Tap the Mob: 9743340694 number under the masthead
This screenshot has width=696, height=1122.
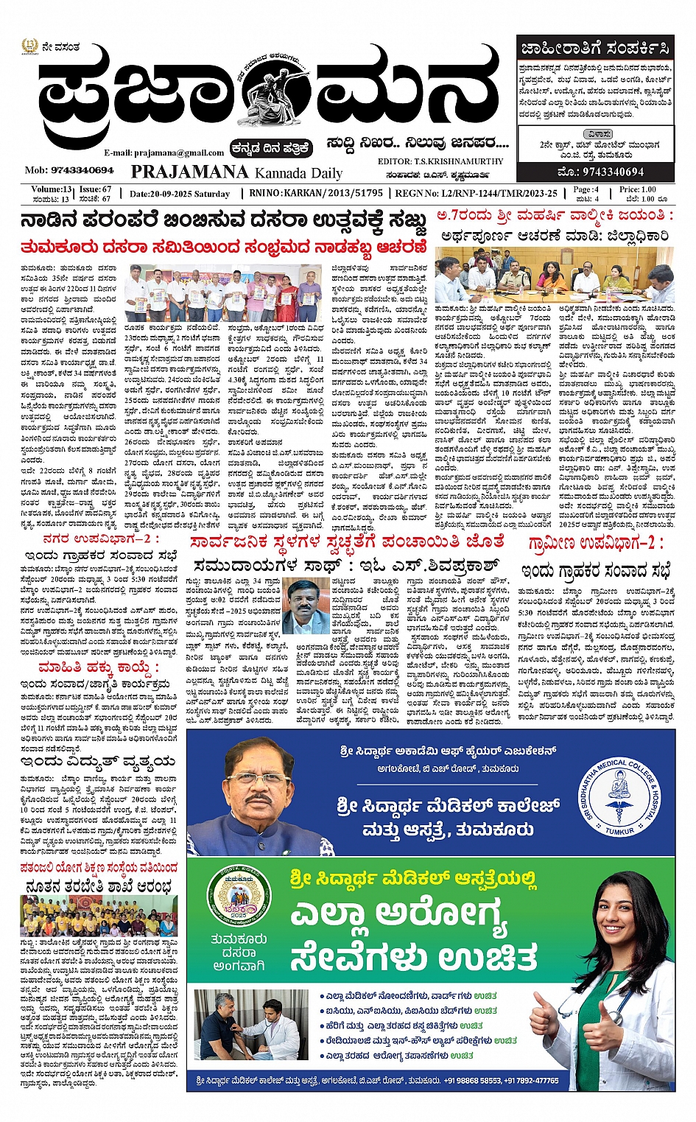click(x=69, y=170)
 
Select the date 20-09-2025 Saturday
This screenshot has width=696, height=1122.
click(x=180, y=194)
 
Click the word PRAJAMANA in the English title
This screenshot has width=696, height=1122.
click(x=189, y=172)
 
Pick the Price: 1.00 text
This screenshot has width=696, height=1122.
click(x=638, y=189)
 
